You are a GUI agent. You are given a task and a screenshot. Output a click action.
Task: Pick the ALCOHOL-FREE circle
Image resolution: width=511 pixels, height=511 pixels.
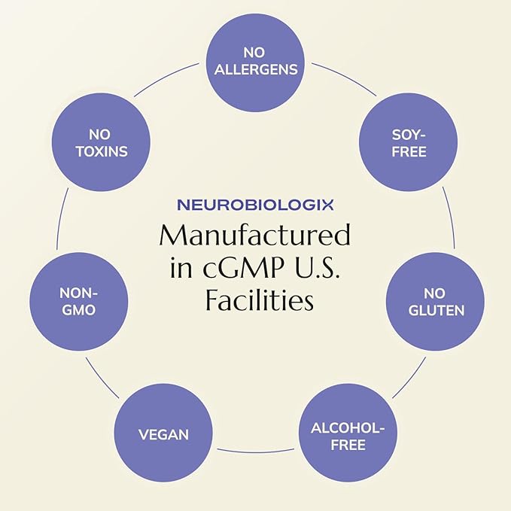click(348, 436)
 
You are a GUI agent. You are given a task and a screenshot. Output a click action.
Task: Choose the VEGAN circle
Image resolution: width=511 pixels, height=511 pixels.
click(163, 434)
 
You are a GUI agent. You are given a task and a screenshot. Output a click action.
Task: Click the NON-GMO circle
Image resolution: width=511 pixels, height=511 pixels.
click(78, 300)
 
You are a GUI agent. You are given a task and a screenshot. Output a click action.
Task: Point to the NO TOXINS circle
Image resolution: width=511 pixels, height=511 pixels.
click(99, 142)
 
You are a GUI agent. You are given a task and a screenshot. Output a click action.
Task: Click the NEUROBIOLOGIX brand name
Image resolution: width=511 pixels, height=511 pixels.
click(255, 204)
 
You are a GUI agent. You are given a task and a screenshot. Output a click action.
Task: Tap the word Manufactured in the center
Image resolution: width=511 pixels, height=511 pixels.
click(255, 236)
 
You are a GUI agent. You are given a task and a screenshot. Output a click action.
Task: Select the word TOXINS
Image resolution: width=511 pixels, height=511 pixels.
click(99, 151)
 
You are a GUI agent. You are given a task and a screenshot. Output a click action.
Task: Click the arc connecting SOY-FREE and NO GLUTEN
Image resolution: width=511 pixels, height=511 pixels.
click(450, 218)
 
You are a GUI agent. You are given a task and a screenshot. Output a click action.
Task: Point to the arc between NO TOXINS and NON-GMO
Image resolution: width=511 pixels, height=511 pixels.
click(61, 218)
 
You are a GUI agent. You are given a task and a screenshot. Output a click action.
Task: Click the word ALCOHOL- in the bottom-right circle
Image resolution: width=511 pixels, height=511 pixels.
click(348, 428)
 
